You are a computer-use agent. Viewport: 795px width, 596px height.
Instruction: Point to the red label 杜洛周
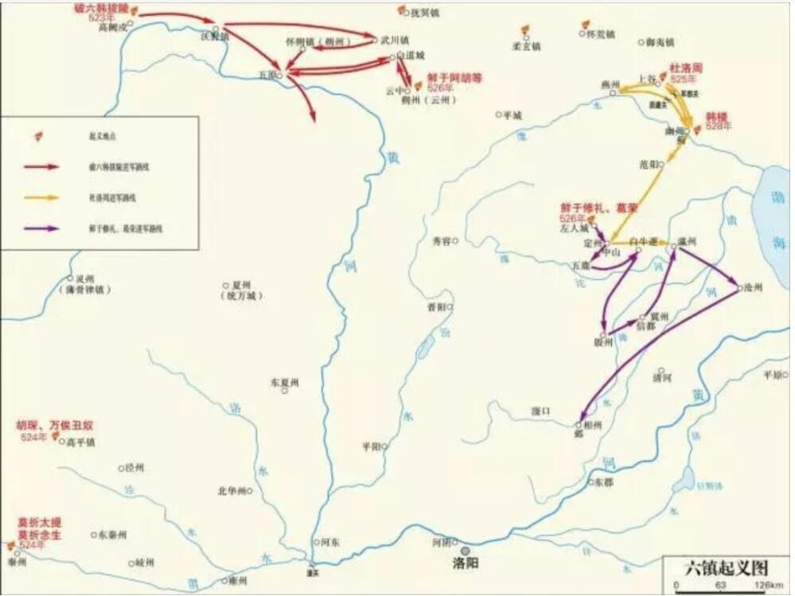[x=686, y=69]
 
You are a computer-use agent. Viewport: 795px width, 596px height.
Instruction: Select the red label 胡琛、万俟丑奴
[x=54, y=426]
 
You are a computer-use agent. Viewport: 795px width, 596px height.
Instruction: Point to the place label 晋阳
[x=437, y=306]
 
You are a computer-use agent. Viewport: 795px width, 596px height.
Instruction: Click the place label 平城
[x=513, y=115]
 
